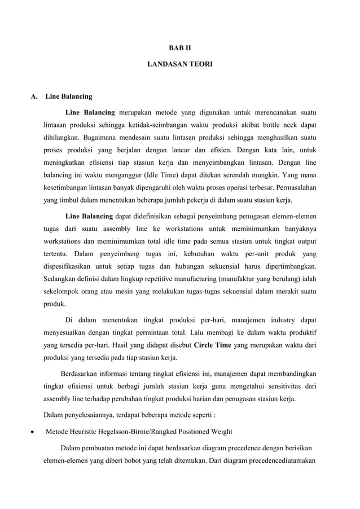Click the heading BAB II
click(179, 49)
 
